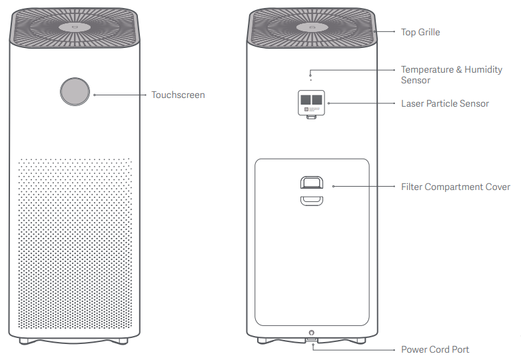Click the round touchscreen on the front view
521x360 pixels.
point(75,92)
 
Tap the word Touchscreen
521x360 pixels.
point(178,95)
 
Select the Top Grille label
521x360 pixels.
point(420,32)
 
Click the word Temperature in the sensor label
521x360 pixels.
point(427,70)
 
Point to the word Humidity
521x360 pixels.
point(483,70)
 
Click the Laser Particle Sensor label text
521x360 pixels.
point(445,104)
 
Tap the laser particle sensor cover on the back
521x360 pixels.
point(311,104)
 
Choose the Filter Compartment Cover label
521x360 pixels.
point(456,187)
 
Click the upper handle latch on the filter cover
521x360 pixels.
point(312,183)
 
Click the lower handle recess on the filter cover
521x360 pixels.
point(312,201)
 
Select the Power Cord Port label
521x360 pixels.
point(435,350)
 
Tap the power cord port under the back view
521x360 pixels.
point(312,339)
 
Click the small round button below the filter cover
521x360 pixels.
point(311,333)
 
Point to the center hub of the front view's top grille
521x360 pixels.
point(75,27)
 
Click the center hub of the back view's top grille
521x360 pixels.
point(312,27)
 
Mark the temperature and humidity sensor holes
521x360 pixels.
point(310,77)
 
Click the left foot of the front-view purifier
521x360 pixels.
point(25,341)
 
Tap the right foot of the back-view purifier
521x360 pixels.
point(360,341)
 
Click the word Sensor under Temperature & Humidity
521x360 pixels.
point(416,81)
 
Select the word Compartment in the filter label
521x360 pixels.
point(454,187)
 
